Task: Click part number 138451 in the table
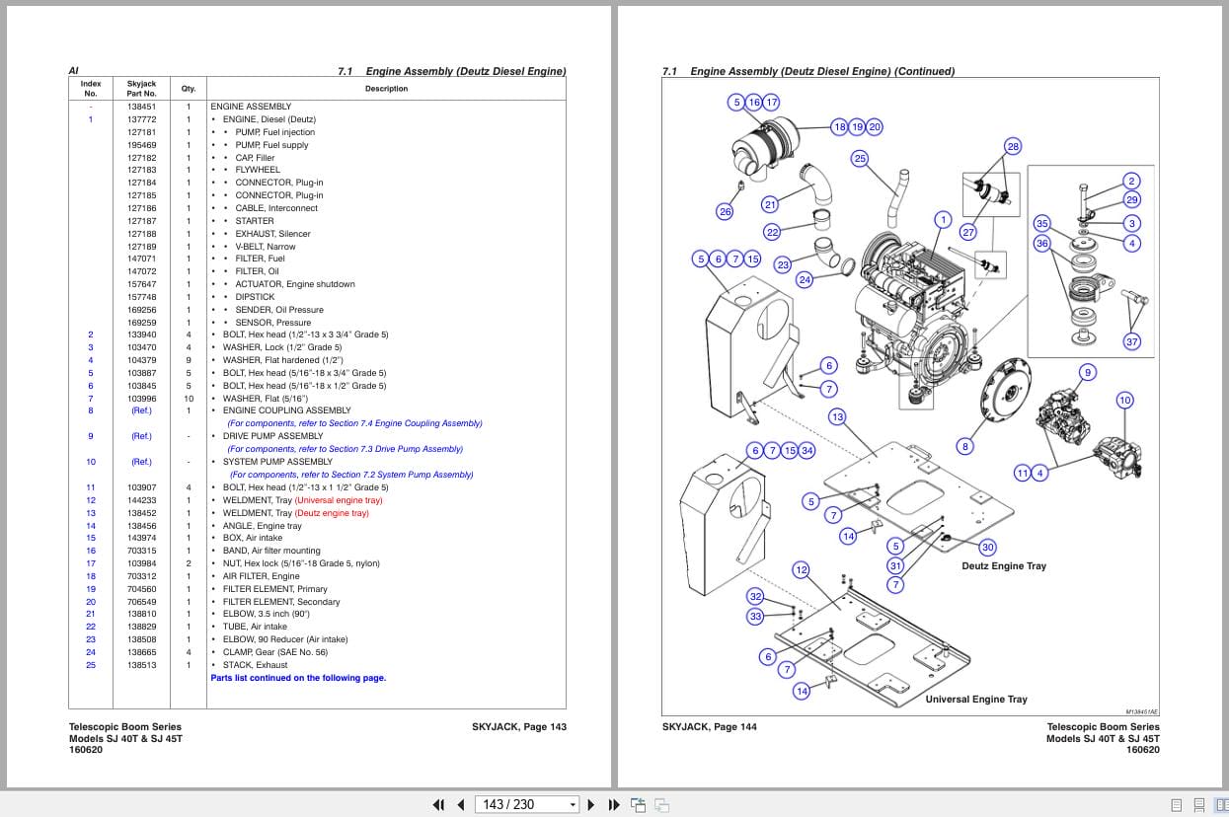[x=141, y=107]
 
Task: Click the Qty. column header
[x=188, y=89]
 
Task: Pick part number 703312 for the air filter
[x=141, y=576]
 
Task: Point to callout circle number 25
[x=860, y=159]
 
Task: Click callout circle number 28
[x=1013, y=146]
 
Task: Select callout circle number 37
[x=1132, y=341]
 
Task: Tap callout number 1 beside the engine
[x=943, y=220]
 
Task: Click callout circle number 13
[x=837, y=416]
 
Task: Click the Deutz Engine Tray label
[x=1003, y=566]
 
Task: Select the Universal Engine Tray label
[x=975, y=700]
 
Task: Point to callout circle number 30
[x=987, y=547]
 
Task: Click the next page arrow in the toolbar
[x=591, y=804]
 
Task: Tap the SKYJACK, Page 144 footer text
[x=709, y=727]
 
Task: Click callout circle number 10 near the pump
[x=1124, y=400]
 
